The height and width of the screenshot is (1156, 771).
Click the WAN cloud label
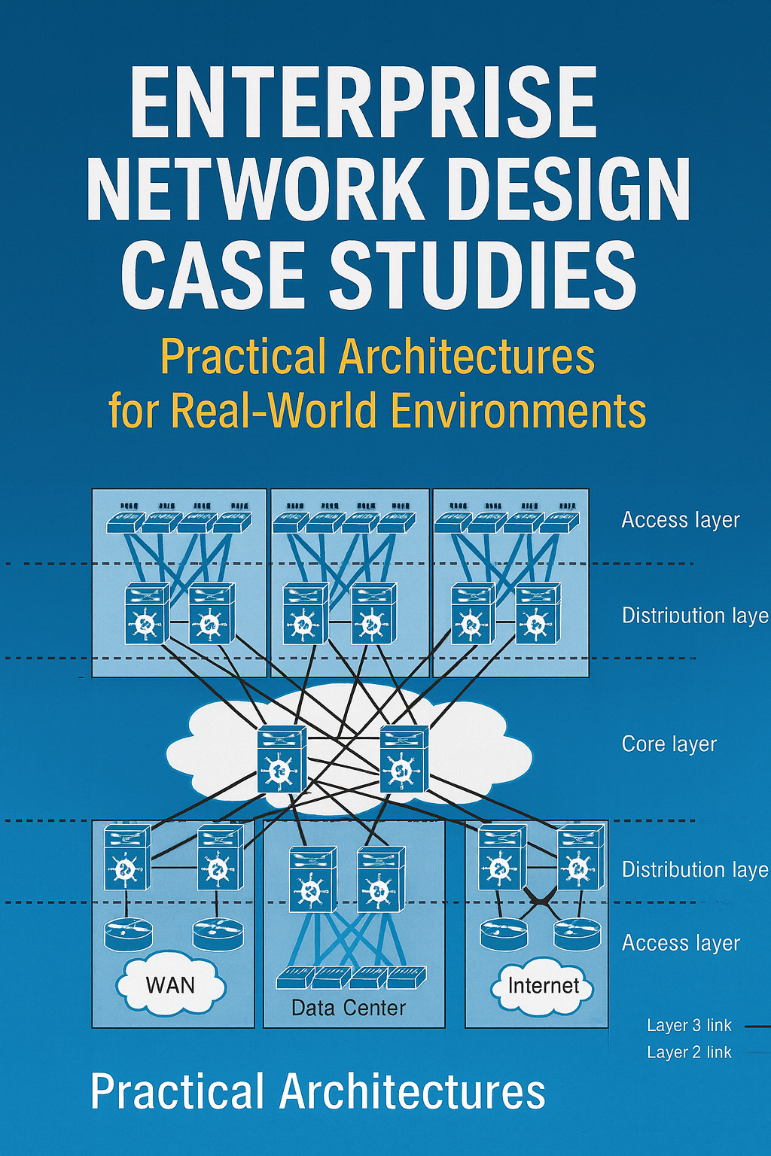[170, 985]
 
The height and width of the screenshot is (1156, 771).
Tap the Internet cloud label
[544, 986]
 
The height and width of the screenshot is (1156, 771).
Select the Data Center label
[349, 1008]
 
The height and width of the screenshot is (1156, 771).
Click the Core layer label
[669, 744]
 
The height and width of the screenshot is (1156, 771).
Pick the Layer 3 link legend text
[689, 1025]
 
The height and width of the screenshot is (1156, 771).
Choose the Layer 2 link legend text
[689, 1052]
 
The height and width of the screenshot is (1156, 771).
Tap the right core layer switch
[404, 759]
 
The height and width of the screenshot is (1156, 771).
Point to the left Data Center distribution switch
[312, 879]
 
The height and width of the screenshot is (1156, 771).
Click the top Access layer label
[681, 520]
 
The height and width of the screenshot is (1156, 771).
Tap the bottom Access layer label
[681, 943]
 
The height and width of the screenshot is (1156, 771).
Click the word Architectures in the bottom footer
[413, 1092]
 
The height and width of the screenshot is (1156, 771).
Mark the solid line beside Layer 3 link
[757, 1026]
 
